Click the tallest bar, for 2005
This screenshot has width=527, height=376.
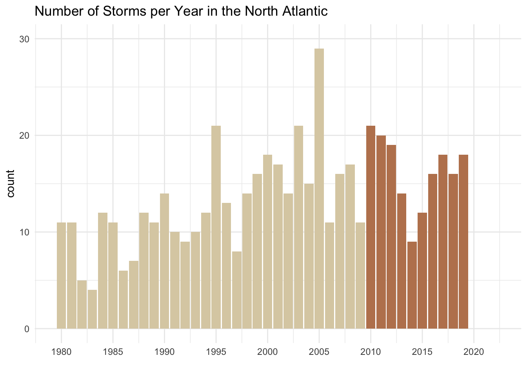tap(319, 188)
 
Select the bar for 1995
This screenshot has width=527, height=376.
tap(216, 227)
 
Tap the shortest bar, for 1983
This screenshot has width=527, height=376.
tap(92, 309)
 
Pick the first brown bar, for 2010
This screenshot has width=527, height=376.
tap(371, 227)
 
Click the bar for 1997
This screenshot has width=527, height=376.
tap(236, 290)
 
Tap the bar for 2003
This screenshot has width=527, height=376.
tap(298, 227)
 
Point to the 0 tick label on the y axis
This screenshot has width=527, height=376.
tap(27, 329)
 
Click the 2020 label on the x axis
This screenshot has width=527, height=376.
tap(474, 352)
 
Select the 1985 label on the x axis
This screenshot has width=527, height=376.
tap(113, 352)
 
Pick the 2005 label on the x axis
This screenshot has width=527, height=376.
tap(319, 352)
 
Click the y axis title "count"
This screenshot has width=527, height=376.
tap(11, 184)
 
